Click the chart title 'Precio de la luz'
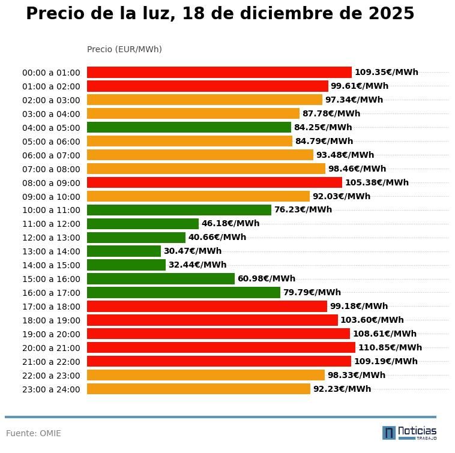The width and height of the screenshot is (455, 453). tap(220, 14)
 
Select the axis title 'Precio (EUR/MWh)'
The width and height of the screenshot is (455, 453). tap(124, 49)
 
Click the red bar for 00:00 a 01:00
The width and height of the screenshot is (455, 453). tap(219, 72)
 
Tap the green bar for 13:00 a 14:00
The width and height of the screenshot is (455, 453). tap(124, 251)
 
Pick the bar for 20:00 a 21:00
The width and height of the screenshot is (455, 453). tap(221, 347)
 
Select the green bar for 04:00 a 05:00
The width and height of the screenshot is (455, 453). tap(189, 127)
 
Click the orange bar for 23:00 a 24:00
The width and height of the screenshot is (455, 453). tap(199, 389)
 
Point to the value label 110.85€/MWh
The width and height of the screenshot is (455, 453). tap(390, 347)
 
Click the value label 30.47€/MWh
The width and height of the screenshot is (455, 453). tap(193, 251)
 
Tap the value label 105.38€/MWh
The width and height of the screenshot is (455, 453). tap(377, 182)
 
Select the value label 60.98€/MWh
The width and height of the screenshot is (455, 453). tap(267, 279)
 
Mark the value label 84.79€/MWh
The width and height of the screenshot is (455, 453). tap(324, 142)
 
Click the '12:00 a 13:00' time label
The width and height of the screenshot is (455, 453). tap(51, 238)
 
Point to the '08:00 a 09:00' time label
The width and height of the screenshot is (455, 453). tap(51, 183)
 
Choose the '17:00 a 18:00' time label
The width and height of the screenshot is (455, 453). tap(51, 307)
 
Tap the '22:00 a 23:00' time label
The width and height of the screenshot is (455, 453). tap(51, 376)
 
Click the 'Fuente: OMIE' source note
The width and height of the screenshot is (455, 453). tap(34, 433)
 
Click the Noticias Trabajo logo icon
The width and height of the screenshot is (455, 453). tap(389, 433)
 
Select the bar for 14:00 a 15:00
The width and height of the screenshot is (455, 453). tap(126, 265)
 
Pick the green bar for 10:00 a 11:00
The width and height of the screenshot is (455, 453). tap(179, 210)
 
